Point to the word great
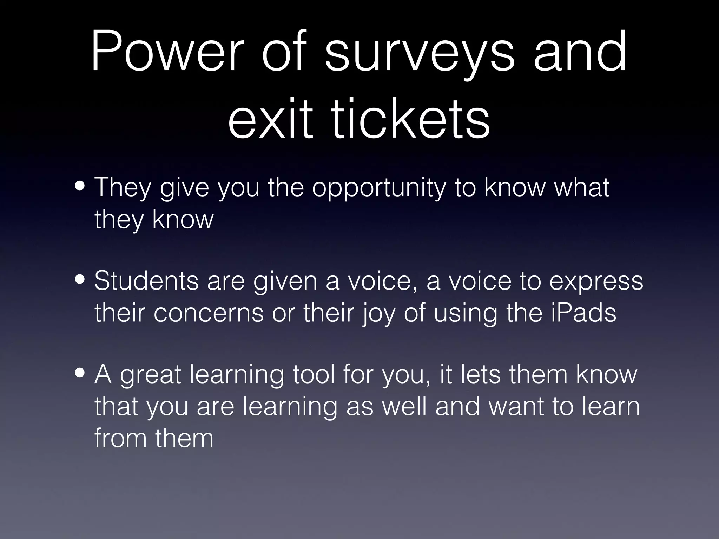151,375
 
